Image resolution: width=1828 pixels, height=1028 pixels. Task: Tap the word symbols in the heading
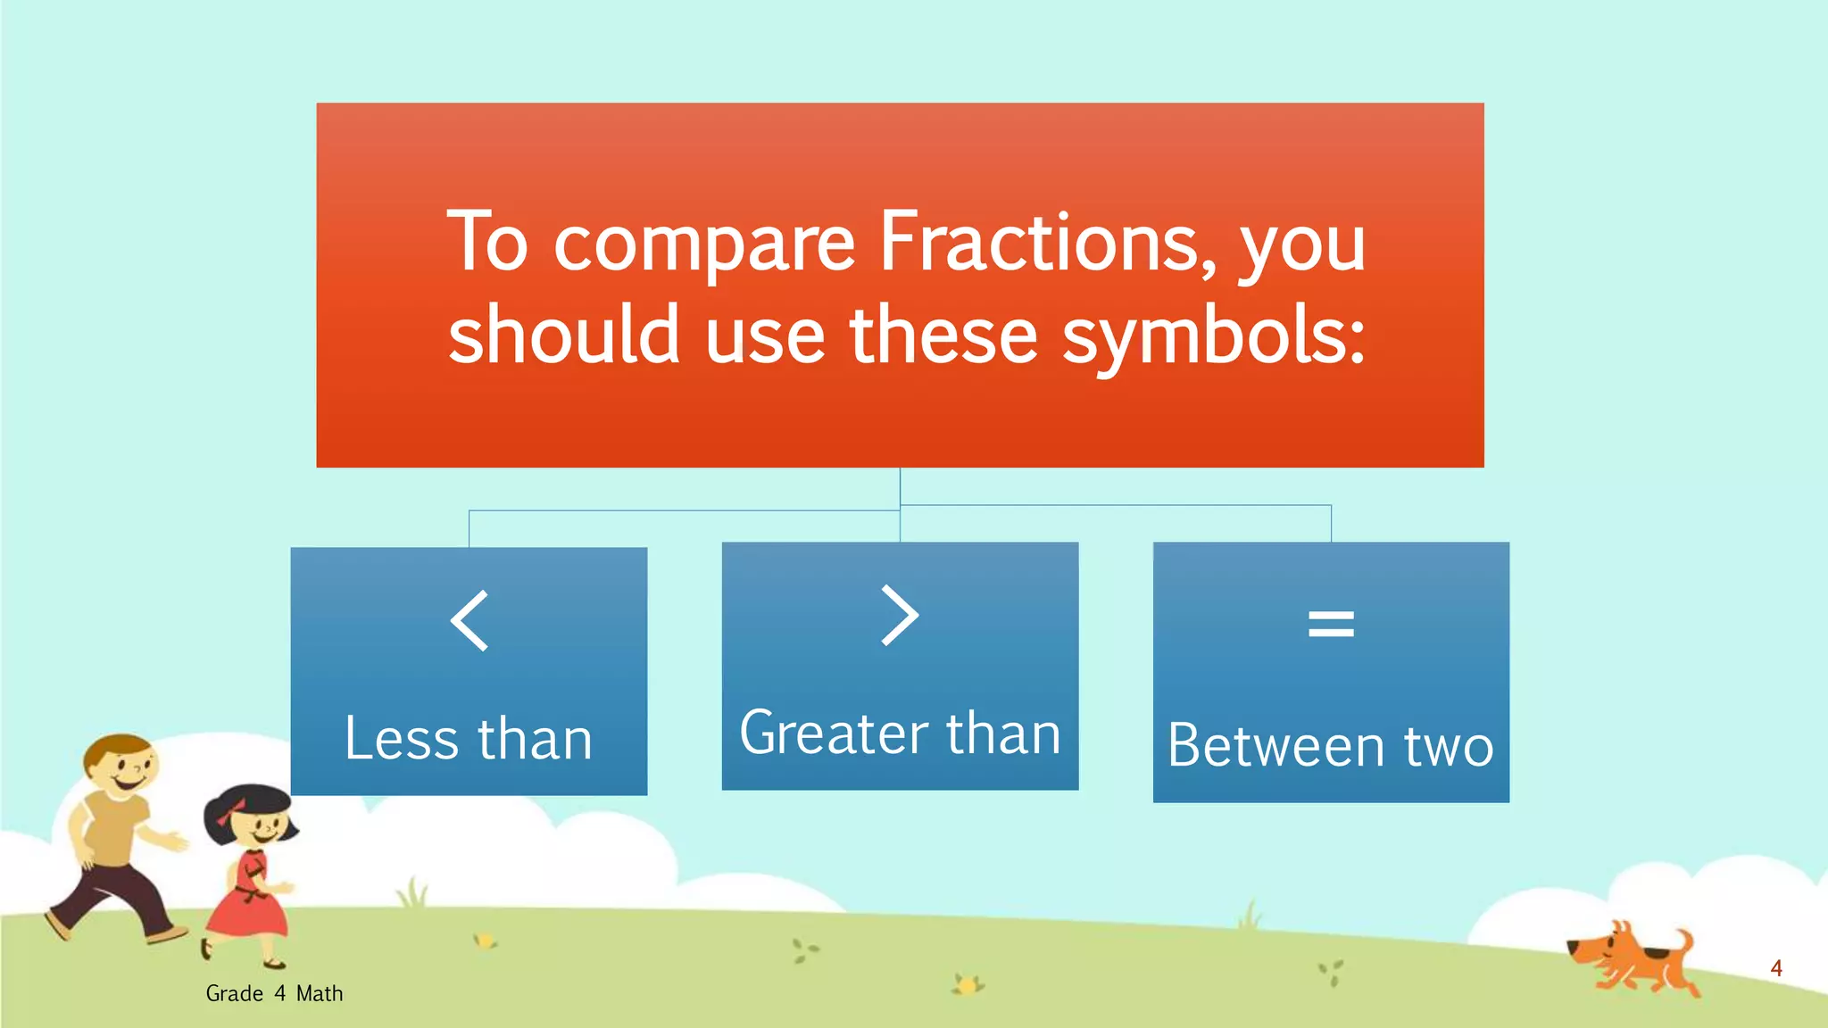click(1214, 336)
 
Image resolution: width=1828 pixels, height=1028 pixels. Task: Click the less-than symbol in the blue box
click(469, 620)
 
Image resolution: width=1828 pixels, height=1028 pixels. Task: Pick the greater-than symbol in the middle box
click(900, 615)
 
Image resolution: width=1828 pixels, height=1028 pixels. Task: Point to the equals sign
click(1331, 623)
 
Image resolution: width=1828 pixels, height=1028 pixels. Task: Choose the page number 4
click(1776, 968)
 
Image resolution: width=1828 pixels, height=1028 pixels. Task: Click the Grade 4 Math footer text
click(274, 993)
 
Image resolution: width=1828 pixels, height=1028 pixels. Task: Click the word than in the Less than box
click(535, 739)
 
